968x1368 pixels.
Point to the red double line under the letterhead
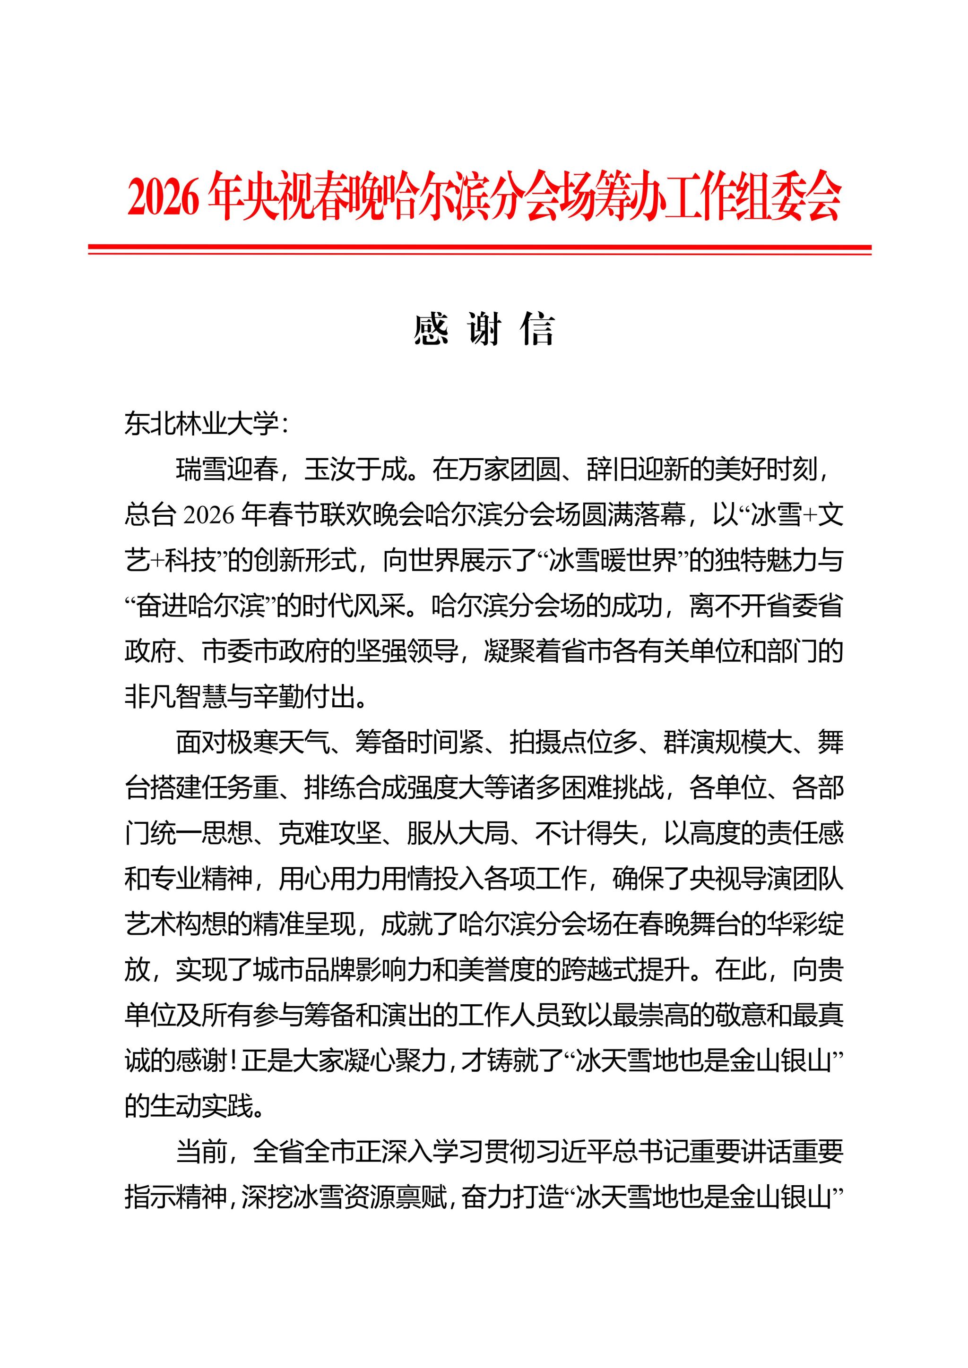(x=480, y=249)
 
